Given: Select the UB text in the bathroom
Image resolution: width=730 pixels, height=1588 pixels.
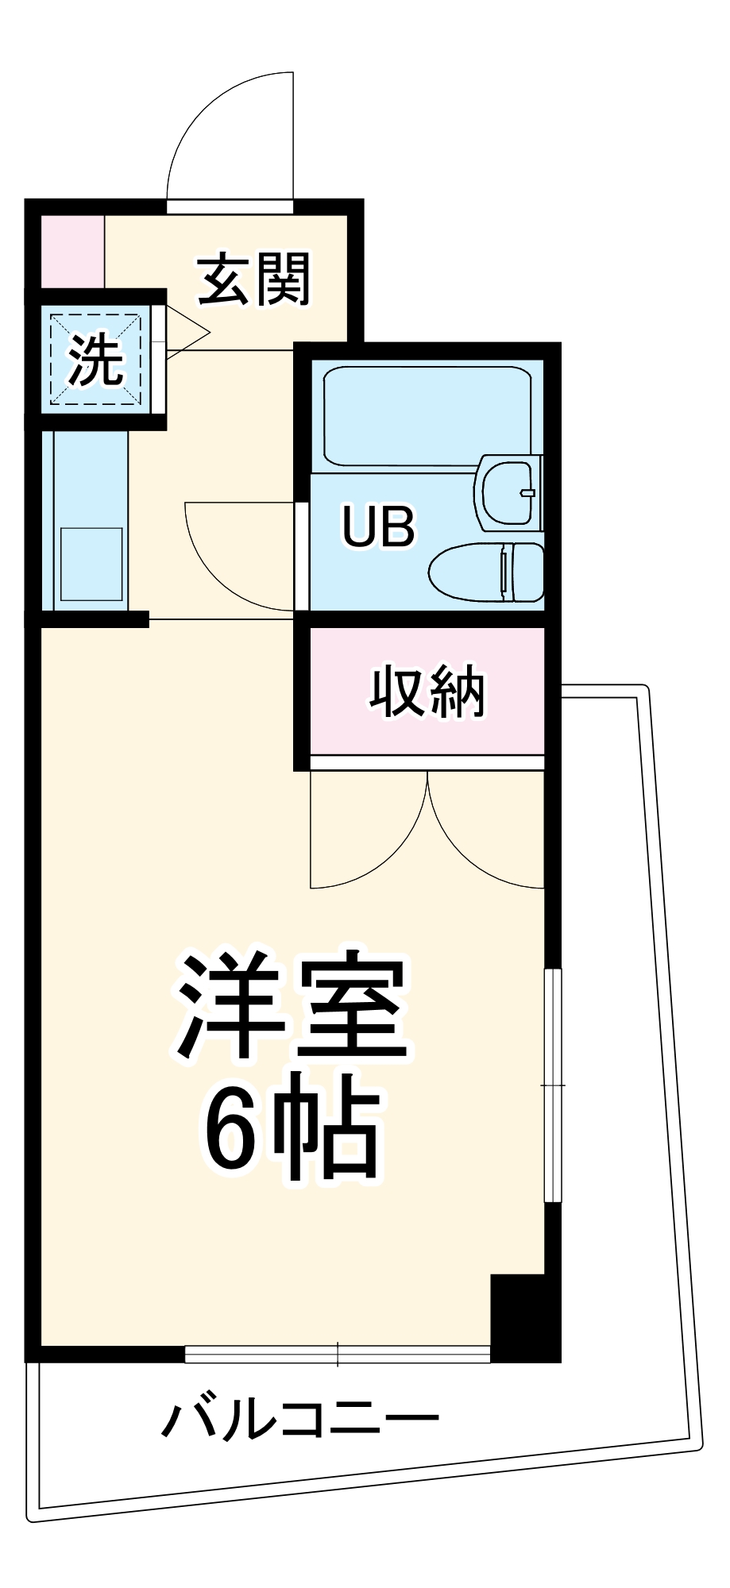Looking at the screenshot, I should pos(378,526).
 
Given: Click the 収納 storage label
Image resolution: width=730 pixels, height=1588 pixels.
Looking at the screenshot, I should pos(427,692).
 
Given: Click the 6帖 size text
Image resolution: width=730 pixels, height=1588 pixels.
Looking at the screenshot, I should pos(291,1128).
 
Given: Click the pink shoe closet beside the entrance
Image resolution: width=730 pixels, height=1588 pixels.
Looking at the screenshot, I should pos(71,251).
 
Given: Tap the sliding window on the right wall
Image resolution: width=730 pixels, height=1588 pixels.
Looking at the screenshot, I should pos(553,1085).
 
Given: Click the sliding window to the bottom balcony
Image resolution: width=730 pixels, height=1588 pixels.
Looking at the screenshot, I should pos(338,1353).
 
